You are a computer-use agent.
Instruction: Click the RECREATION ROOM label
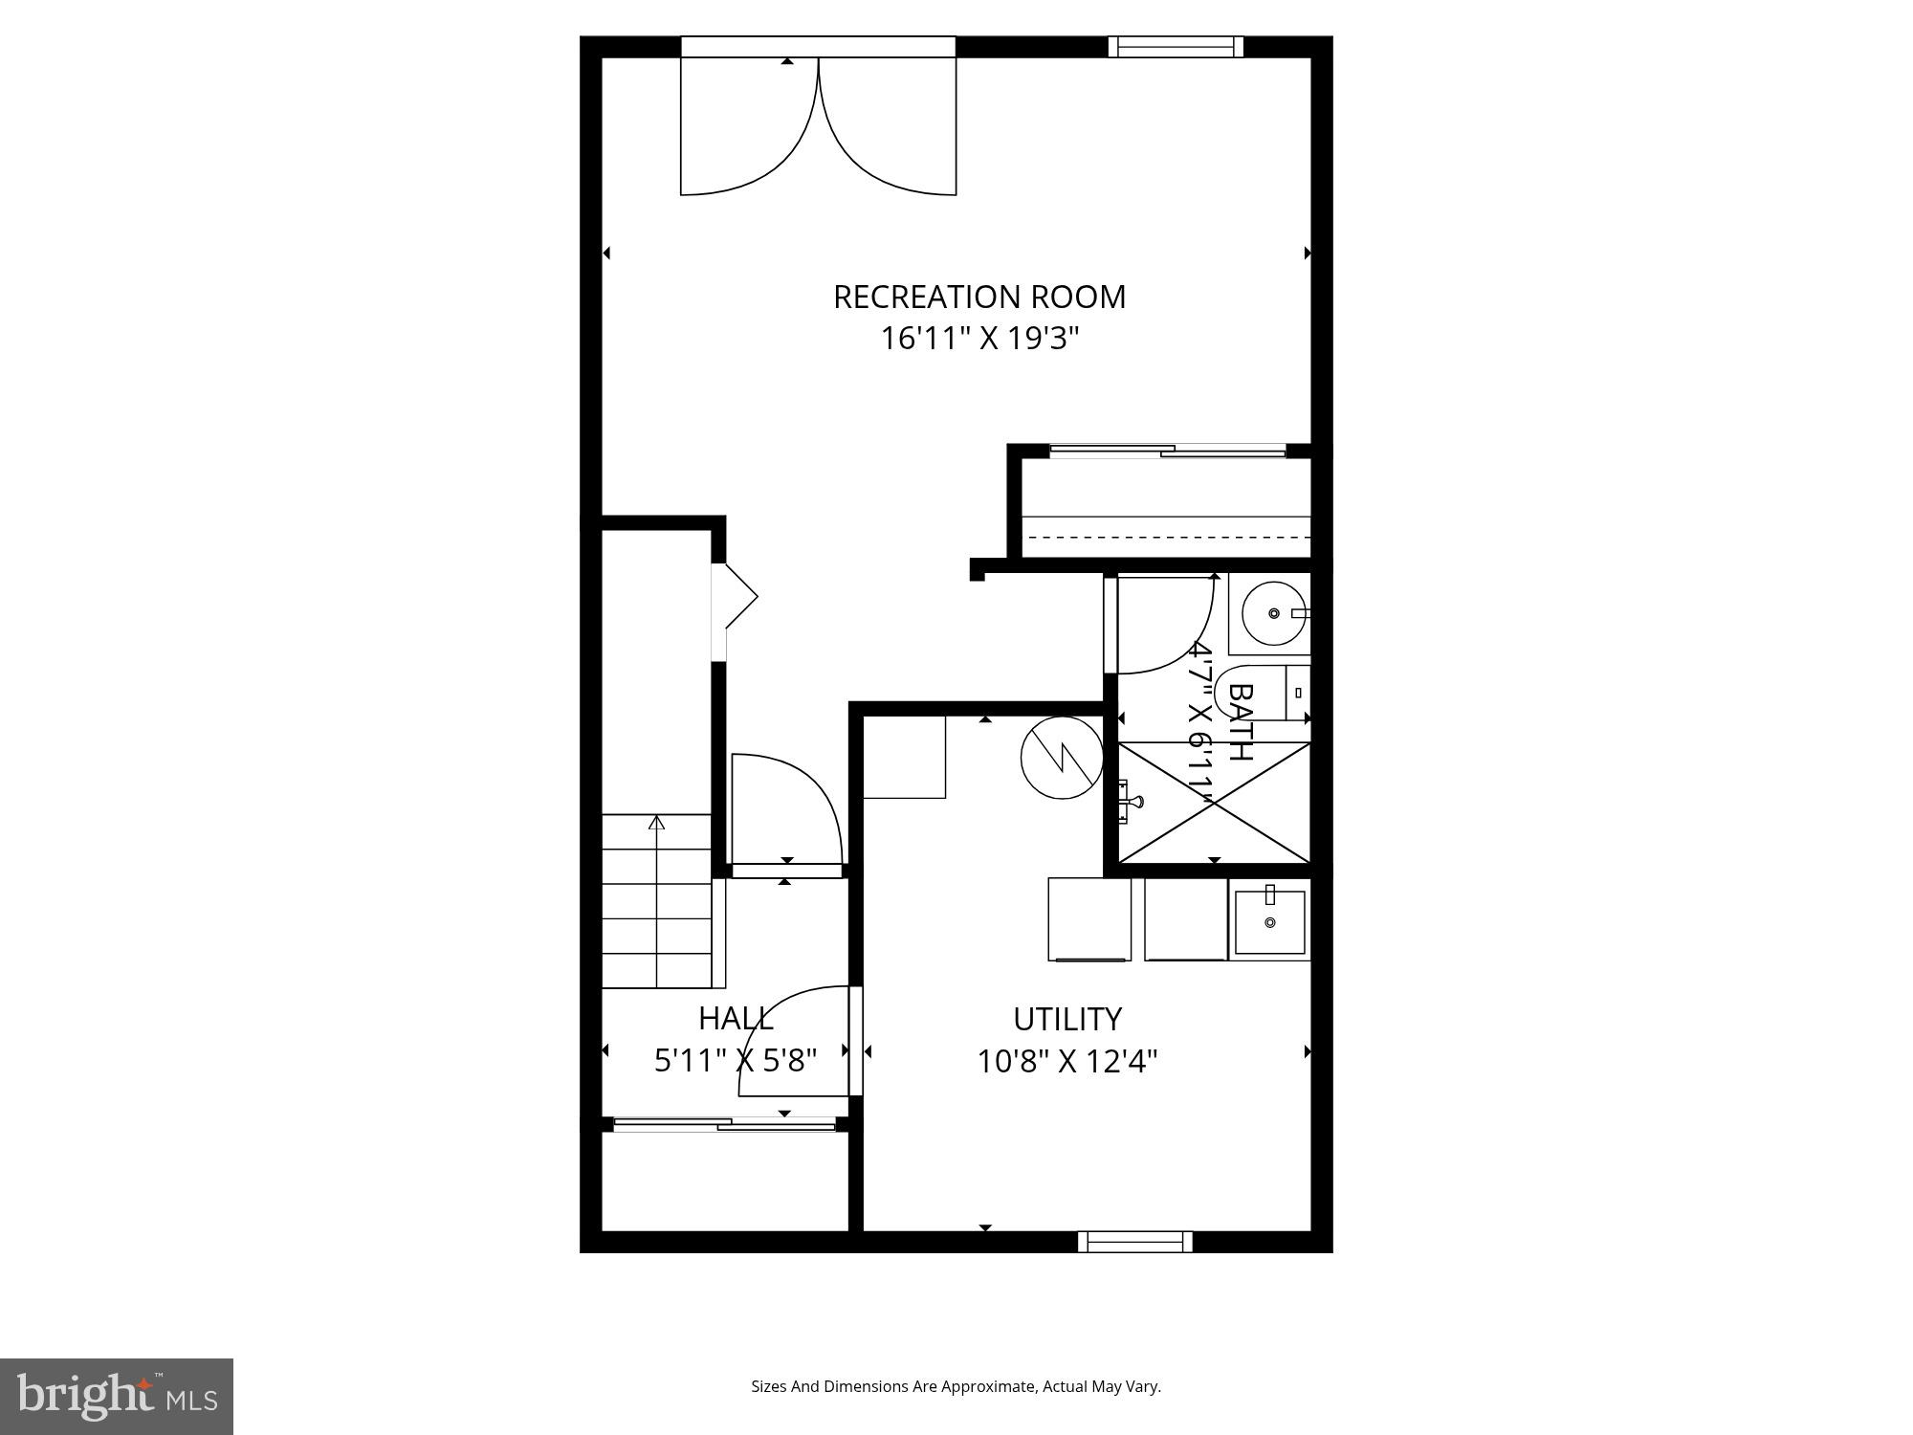[978, 298]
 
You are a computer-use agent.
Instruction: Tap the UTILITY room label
[1066, 1019]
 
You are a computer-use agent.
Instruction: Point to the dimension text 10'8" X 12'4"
[1066, 1061]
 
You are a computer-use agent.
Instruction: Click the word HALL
[735, 1018]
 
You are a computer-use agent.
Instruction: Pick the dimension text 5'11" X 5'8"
[735, 1060]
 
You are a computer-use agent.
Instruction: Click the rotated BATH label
[1240, 721]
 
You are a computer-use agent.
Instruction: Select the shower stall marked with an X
[1213, 803]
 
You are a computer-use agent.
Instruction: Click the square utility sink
[1269, 921]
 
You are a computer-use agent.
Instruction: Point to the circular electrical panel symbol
[1062, 758]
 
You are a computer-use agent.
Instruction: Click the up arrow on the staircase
[656, 822]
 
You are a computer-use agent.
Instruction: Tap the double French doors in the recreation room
[818, 124]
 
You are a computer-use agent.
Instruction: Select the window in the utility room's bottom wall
[1134, 1242]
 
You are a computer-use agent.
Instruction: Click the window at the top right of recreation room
[1176, 46]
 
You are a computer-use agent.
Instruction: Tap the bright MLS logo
[116, 1396]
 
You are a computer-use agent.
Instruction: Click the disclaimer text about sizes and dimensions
[956, 1386]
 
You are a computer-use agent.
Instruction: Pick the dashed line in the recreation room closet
[1165, 537]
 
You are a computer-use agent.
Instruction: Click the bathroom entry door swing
[1162, 622]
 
